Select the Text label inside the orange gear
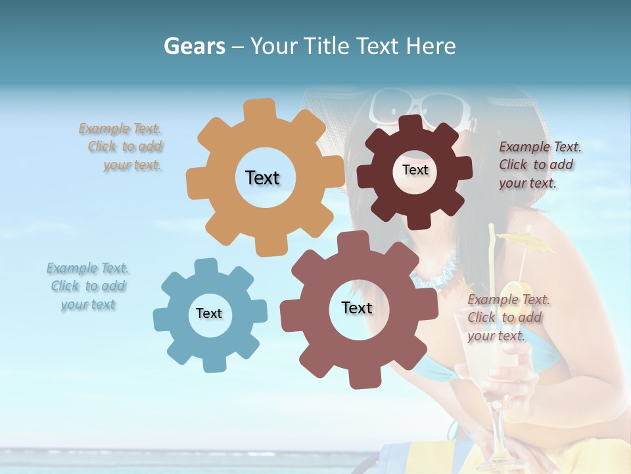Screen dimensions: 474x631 (262, 178)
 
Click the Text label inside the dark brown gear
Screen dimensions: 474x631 (415, 170)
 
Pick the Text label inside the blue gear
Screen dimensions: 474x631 (209, 313)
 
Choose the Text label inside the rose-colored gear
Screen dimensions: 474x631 (357, 307)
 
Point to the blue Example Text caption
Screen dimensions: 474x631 (87, 286)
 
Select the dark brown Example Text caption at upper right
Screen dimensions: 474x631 (539, 165)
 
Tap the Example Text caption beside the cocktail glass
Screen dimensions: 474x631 (507, 318)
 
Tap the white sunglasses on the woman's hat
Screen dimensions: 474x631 (421, 109)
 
